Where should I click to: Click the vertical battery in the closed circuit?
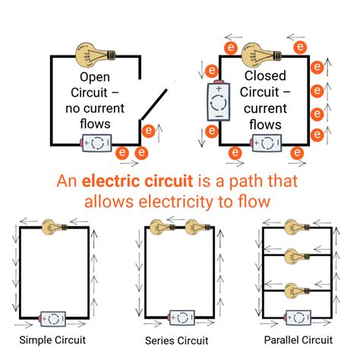(218, 102)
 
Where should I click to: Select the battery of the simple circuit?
(53, 317)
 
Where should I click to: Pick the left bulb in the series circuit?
(159, 226)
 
